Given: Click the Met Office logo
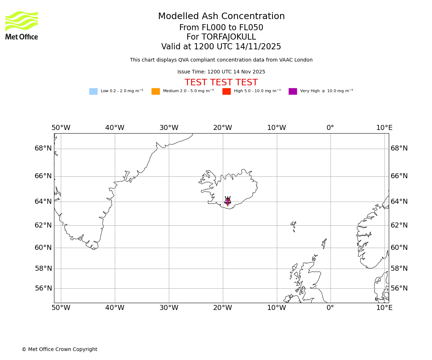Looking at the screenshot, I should [22, 25].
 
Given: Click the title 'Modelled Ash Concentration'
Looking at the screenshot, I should [221, 17].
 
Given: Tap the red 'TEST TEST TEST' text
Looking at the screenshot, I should [221, 83].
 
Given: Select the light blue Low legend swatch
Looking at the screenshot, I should [93, 91].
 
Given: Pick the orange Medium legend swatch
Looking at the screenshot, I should [156, 91].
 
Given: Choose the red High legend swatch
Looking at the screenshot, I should [226, 91].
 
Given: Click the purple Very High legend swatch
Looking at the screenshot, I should [293, 91].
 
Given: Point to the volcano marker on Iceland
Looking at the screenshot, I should [228, 201].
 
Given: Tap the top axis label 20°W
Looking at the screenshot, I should [222, 128].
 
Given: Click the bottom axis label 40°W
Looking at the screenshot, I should [115, 308].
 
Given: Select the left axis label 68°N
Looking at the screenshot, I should [43, 148].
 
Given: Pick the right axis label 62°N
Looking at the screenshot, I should [399, 225].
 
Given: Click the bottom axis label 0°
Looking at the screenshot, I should [330, 308].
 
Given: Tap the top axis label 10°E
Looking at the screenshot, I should [384, 128].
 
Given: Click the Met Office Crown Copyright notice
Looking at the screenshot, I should [59, 349].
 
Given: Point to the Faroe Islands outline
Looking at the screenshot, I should [293, 226].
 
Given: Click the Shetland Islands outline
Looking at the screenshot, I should [324, 244].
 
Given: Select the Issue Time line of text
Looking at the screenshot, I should [221, 72].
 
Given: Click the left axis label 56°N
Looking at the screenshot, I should [43, 288].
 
